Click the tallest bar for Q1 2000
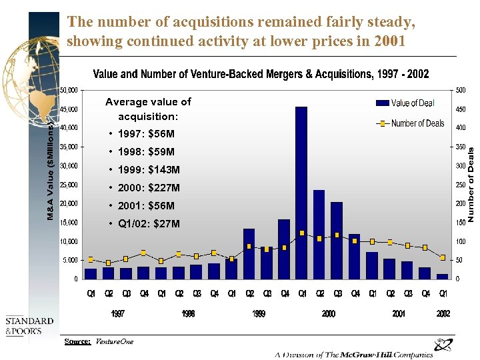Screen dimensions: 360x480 [x=301, y=193]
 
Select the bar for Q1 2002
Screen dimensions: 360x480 [x=443, y=276]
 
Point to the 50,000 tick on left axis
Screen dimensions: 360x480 [x=69, y=89]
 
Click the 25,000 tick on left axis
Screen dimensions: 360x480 [x=69, y=185]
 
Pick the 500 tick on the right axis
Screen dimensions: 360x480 [x=461, y=90]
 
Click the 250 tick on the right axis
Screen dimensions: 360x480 [x=461, y=185]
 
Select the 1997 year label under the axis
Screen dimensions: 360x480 [x=117, y=313]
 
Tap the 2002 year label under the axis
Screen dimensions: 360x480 [x=443, y=313]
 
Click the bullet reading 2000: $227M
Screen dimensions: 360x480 [x=148, y=188]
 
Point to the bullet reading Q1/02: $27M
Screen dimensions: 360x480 [x=148, y=224]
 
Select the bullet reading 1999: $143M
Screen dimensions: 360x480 [x=148, y=170]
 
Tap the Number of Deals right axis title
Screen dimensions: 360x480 [x=471, y=185]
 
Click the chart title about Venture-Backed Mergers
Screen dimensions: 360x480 [x=261, y=74]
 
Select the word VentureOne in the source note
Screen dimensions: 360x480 [x=114, y=341]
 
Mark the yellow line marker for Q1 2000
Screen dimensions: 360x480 [x=302, y=233]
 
